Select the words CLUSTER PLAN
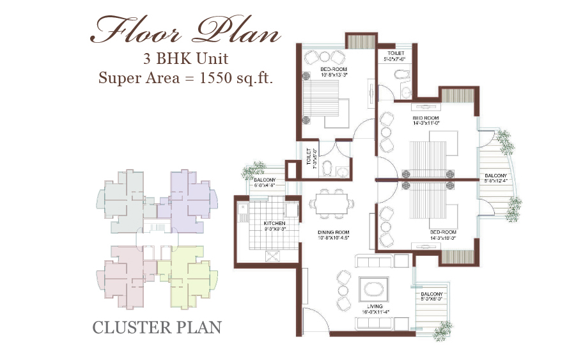[x=157, y=327]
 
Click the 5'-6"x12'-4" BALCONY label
[x=495, y=178]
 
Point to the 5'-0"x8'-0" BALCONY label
[x=431, y=295]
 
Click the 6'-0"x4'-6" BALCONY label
[x=264, y=183]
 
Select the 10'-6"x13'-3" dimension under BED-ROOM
[x=335, y=74]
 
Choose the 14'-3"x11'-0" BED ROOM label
[x=427, y=121]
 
